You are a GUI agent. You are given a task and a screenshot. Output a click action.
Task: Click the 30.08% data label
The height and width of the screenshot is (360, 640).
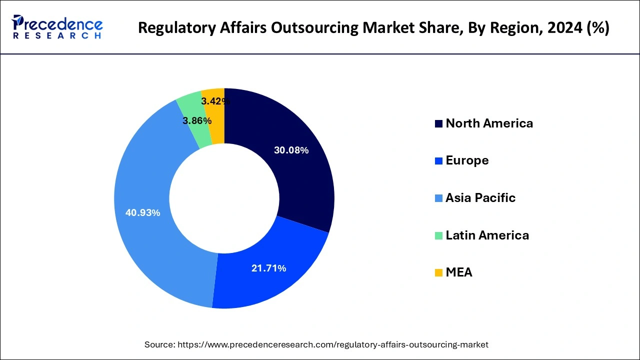tap(291, 150)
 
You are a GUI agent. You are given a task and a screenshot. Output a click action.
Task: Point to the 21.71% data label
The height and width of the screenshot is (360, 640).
tap(268, 268)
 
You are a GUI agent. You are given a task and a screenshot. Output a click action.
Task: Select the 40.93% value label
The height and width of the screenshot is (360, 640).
tap(143, 213)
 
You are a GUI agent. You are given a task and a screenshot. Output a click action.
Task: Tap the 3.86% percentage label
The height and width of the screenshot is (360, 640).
tap(197, 121)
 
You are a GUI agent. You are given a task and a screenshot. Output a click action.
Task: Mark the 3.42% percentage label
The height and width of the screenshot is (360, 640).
tap(215, 101)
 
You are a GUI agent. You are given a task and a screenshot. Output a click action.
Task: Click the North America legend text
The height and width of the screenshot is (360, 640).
tap(489, 123)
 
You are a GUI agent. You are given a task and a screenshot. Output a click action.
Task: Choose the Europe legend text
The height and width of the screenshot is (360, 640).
tap(467, 160)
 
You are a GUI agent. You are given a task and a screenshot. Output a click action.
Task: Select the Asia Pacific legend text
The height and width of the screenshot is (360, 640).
tap(480, 198)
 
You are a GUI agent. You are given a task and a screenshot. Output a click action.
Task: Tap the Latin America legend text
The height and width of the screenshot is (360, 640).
tap(487, 235)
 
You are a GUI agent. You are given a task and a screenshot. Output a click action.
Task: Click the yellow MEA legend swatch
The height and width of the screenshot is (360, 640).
tap(438, 273)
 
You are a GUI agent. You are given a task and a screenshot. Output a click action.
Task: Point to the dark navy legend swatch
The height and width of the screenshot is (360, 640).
tap(438, 124)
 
